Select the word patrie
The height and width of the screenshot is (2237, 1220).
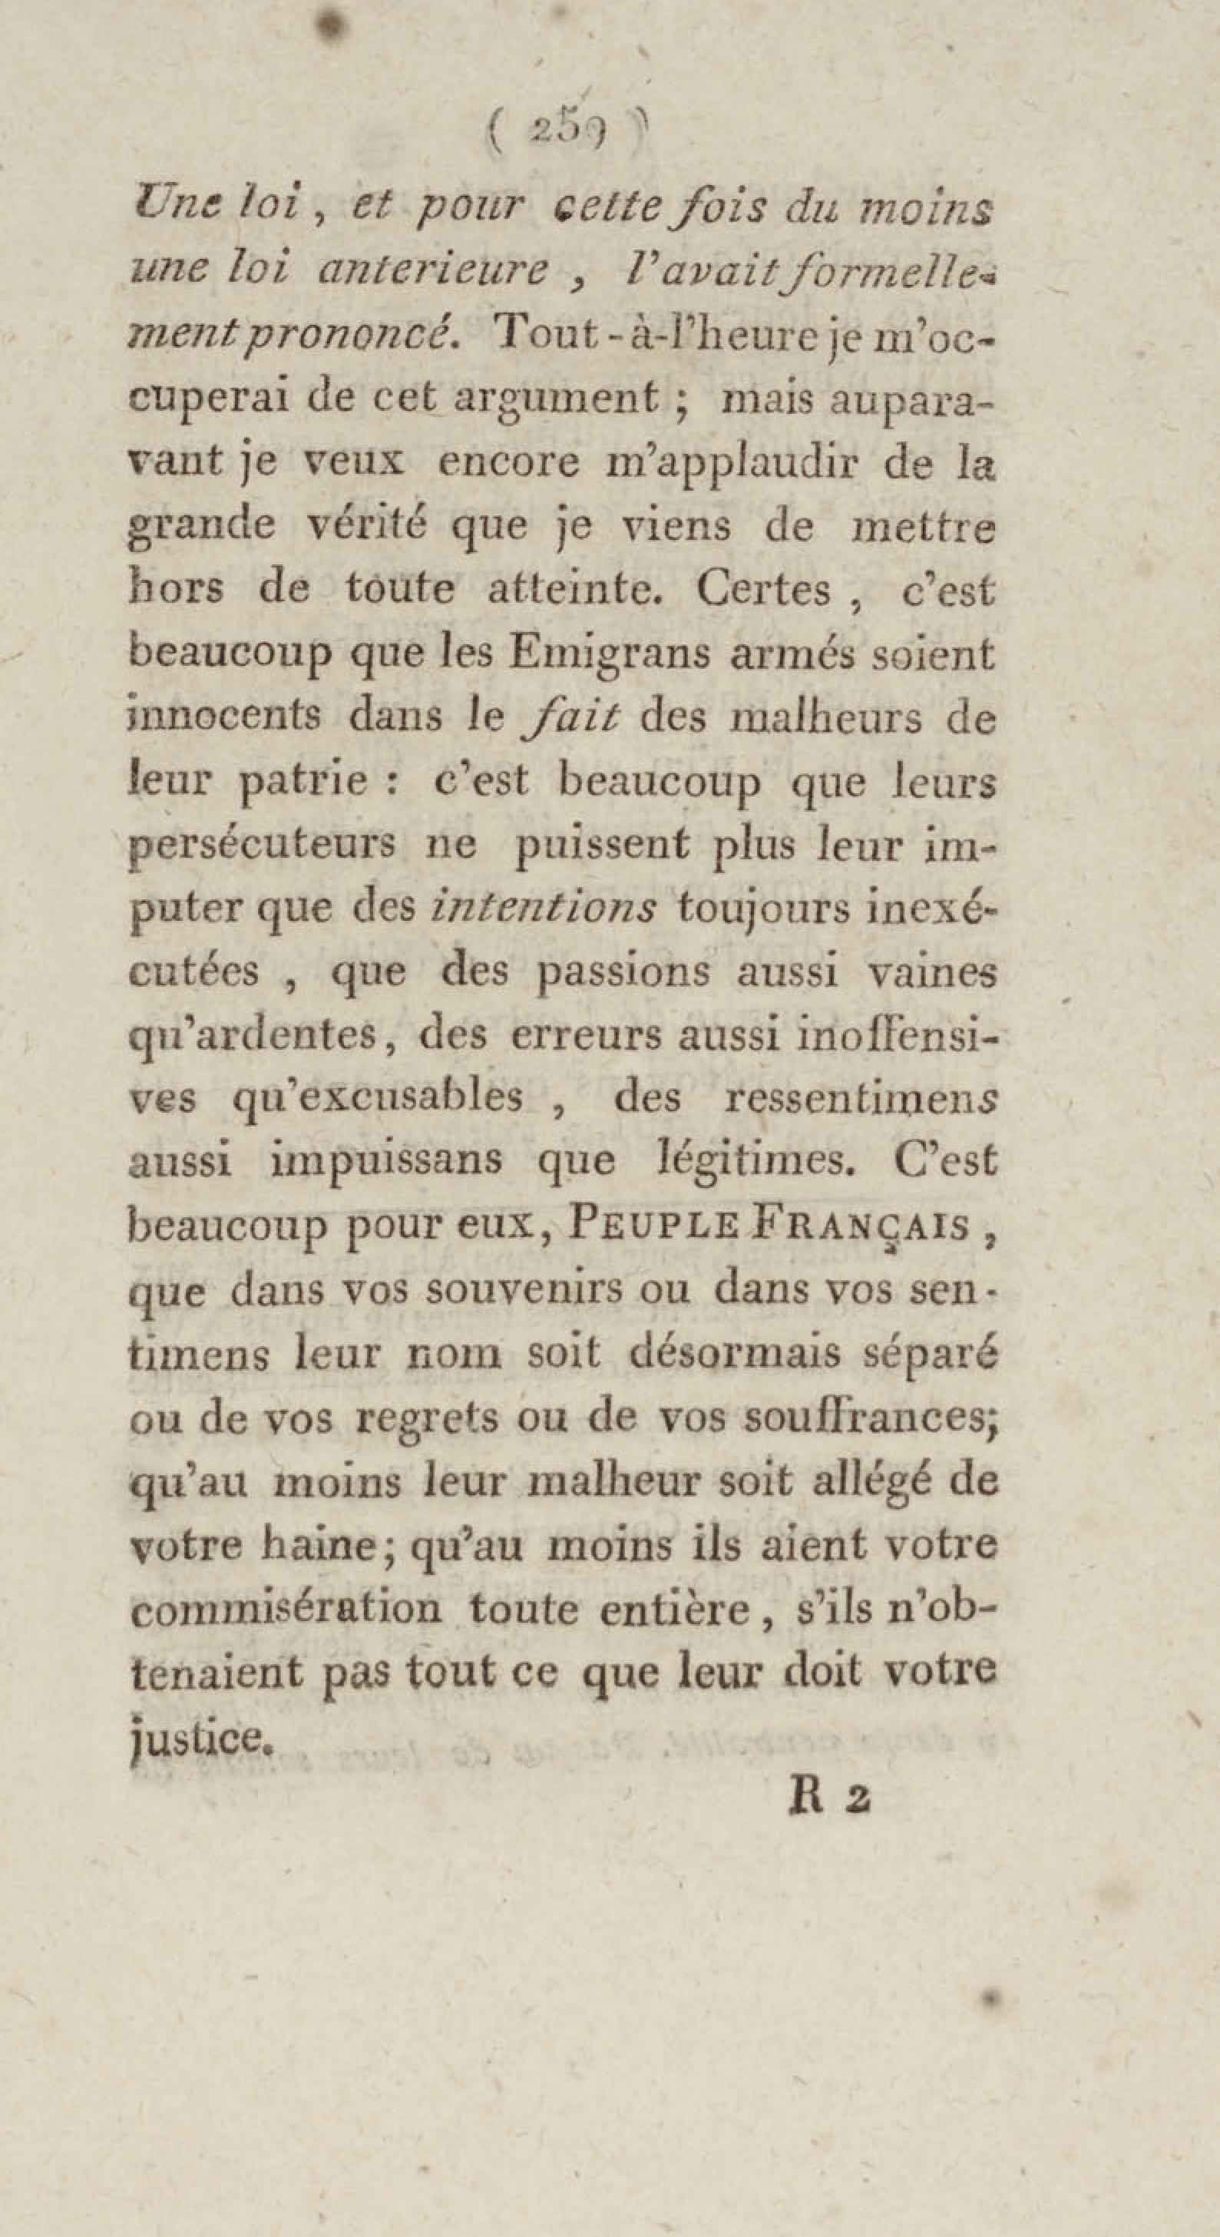tap(305, 782)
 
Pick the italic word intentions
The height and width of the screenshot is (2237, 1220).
tap(544, 908)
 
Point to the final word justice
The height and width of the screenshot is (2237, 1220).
tap(203, 1735)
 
